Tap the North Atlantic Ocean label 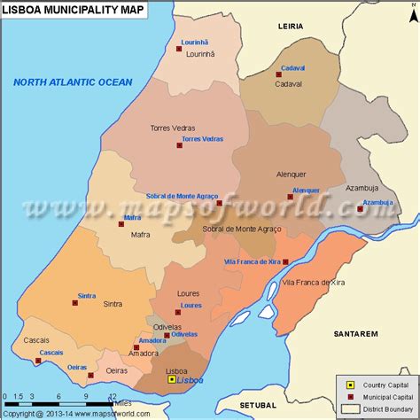[x=73, y=82]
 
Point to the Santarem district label [x=355, y=333]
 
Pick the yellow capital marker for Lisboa [x=172, y=379]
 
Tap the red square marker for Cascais [x=40, y=362]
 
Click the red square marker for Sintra [x=75, y=303]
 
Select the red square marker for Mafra [x=121, y=224]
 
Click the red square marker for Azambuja [x=360, y=209]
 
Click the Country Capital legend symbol [x=349, y=385]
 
